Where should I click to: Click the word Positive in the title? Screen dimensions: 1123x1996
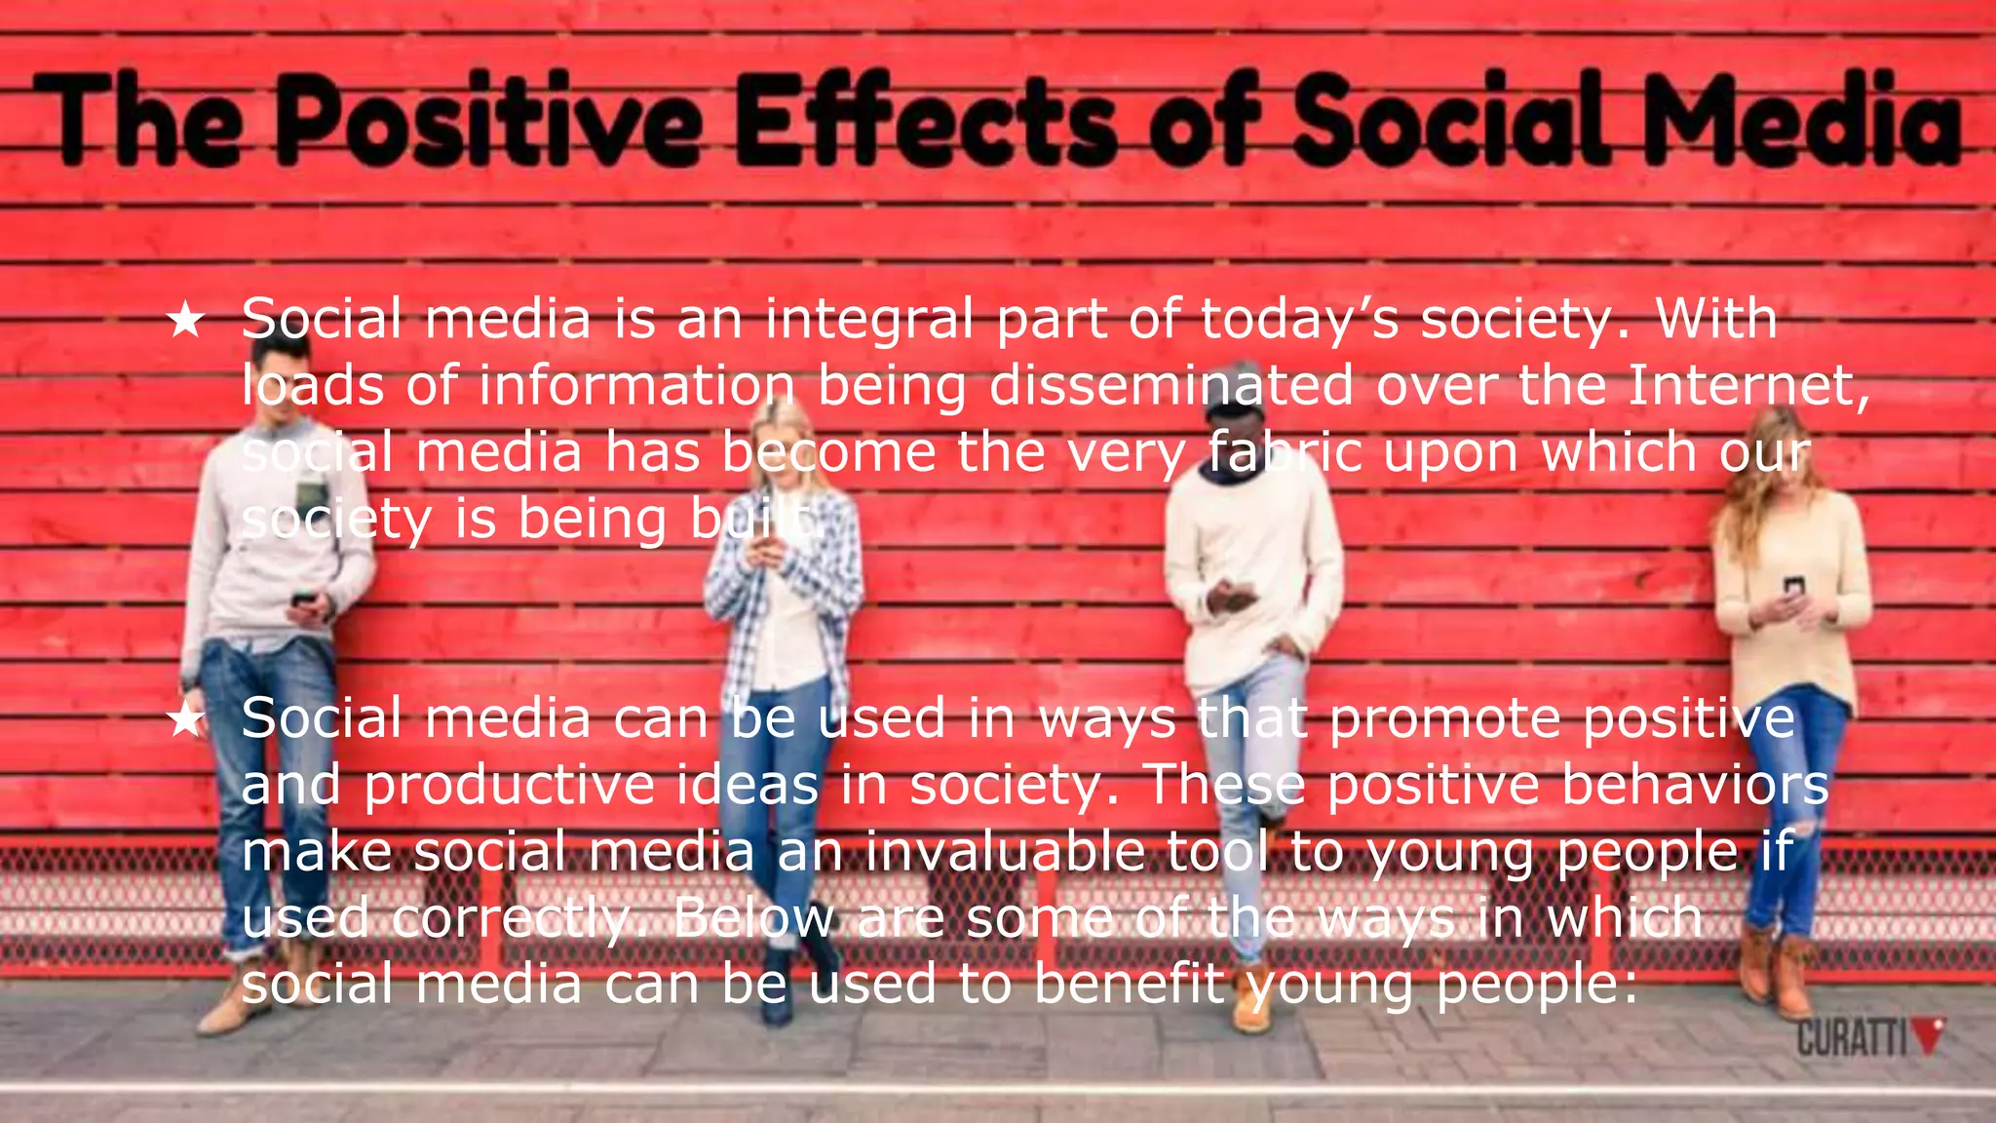tap(487, 120)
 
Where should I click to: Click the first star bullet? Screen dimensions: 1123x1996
tap(185, 320)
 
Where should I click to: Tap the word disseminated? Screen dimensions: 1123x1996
tap(1171, 385)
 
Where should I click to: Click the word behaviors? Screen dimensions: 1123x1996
tap(1695, 785)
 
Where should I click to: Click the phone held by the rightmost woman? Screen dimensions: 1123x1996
tap(1793, 586)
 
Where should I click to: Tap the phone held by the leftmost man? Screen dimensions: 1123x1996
tap(303, 597)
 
